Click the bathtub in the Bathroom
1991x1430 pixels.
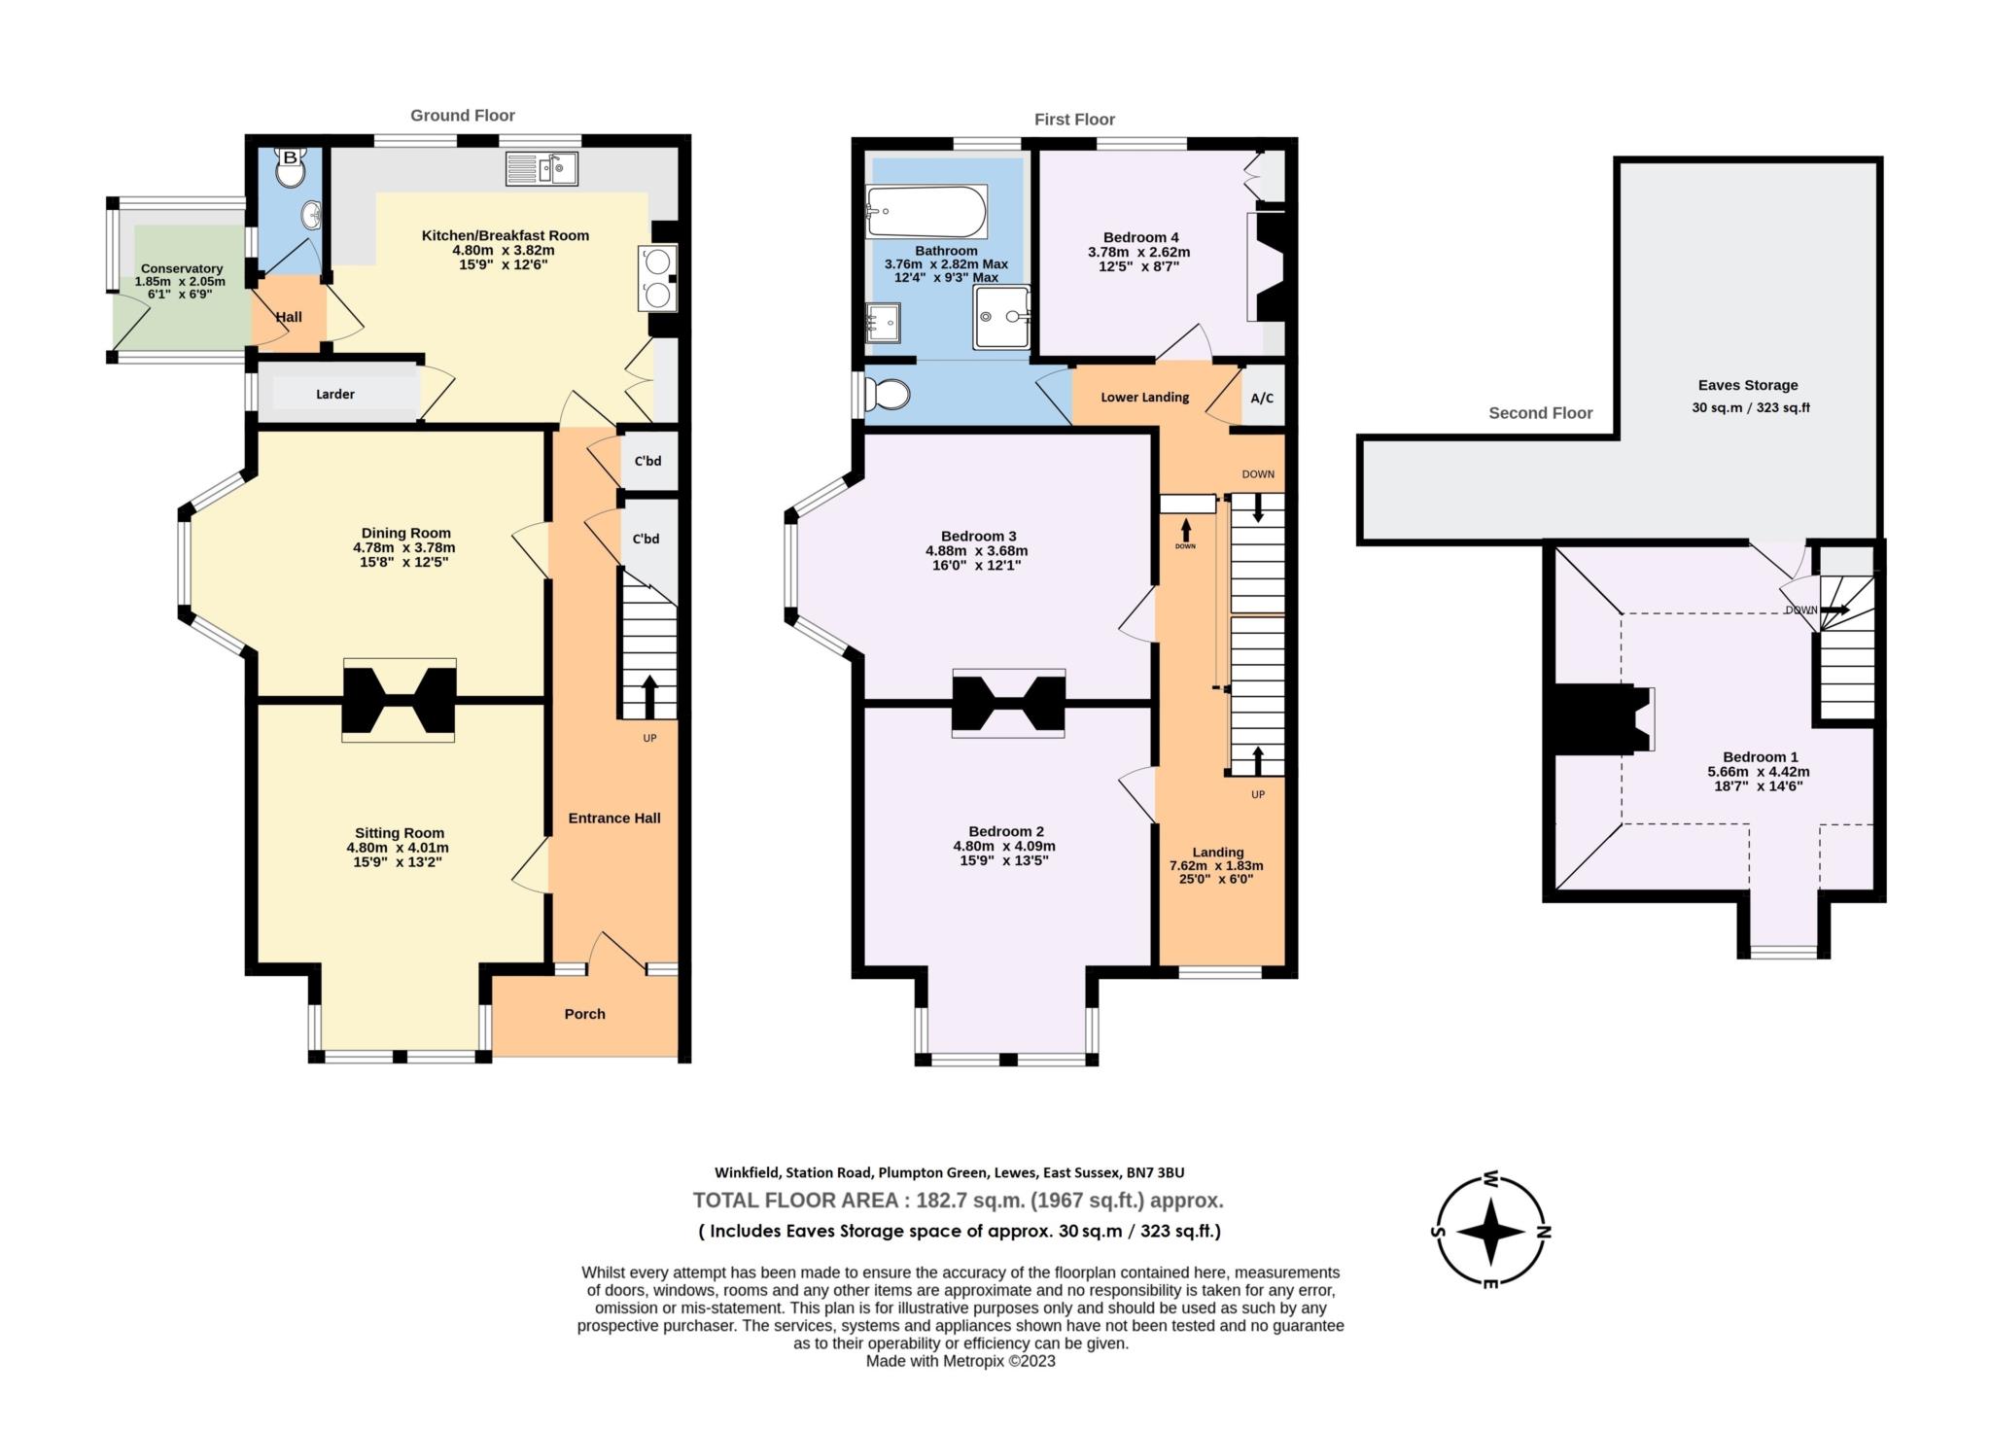(926, 211)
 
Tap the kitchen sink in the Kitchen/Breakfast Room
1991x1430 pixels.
(541, 168)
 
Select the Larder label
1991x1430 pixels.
(334, 394)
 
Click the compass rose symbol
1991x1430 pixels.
(1491, 1231)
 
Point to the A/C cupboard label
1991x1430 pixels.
(1262, 398)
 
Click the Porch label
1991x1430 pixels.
(584, 1014)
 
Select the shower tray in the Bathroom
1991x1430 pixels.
(1001, 316)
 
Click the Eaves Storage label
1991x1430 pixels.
(1747, 385)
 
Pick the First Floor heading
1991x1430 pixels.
(1073, 120)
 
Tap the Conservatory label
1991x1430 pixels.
(182, 268)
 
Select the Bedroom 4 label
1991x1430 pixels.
(1140, 237)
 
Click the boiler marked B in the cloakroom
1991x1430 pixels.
(290, 157)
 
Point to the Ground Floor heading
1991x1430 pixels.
(462, 116)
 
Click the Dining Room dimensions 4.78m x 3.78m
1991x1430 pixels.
(403, 547)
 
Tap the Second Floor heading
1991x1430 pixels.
(1540, 413)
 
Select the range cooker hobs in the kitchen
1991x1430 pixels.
(658, 278)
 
